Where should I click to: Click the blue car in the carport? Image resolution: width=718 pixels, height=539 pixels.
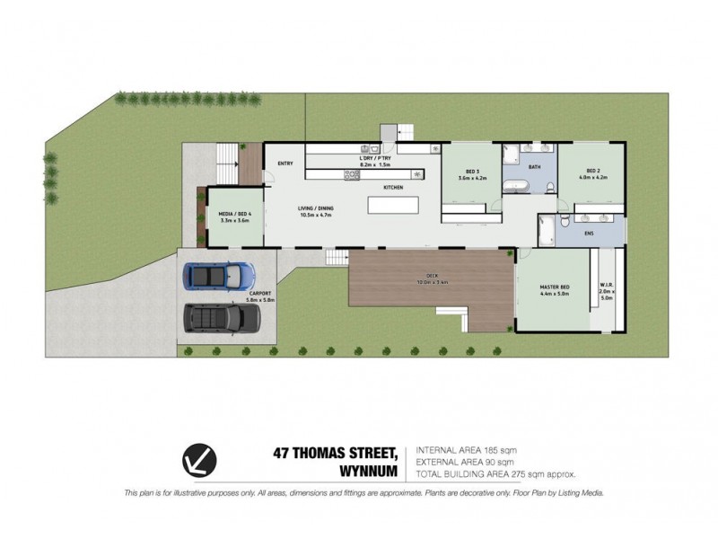(x=215, y=276)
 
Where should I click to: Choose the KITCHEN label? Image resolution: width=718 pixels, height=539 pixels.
(x=393, y=187)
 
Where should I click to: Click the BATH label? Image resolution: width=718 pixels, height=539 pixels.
(x=534, y=168)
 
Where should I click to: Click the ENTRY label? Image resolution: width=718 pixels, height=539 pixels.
(x=286, y=163)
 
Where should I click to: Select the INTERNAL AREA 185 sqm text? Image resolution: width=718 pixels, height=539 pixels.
(x=466, y=450)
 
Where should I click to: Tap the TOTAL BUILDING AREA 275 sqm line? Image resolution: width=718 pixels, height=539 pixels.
(x=495, y=473)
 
